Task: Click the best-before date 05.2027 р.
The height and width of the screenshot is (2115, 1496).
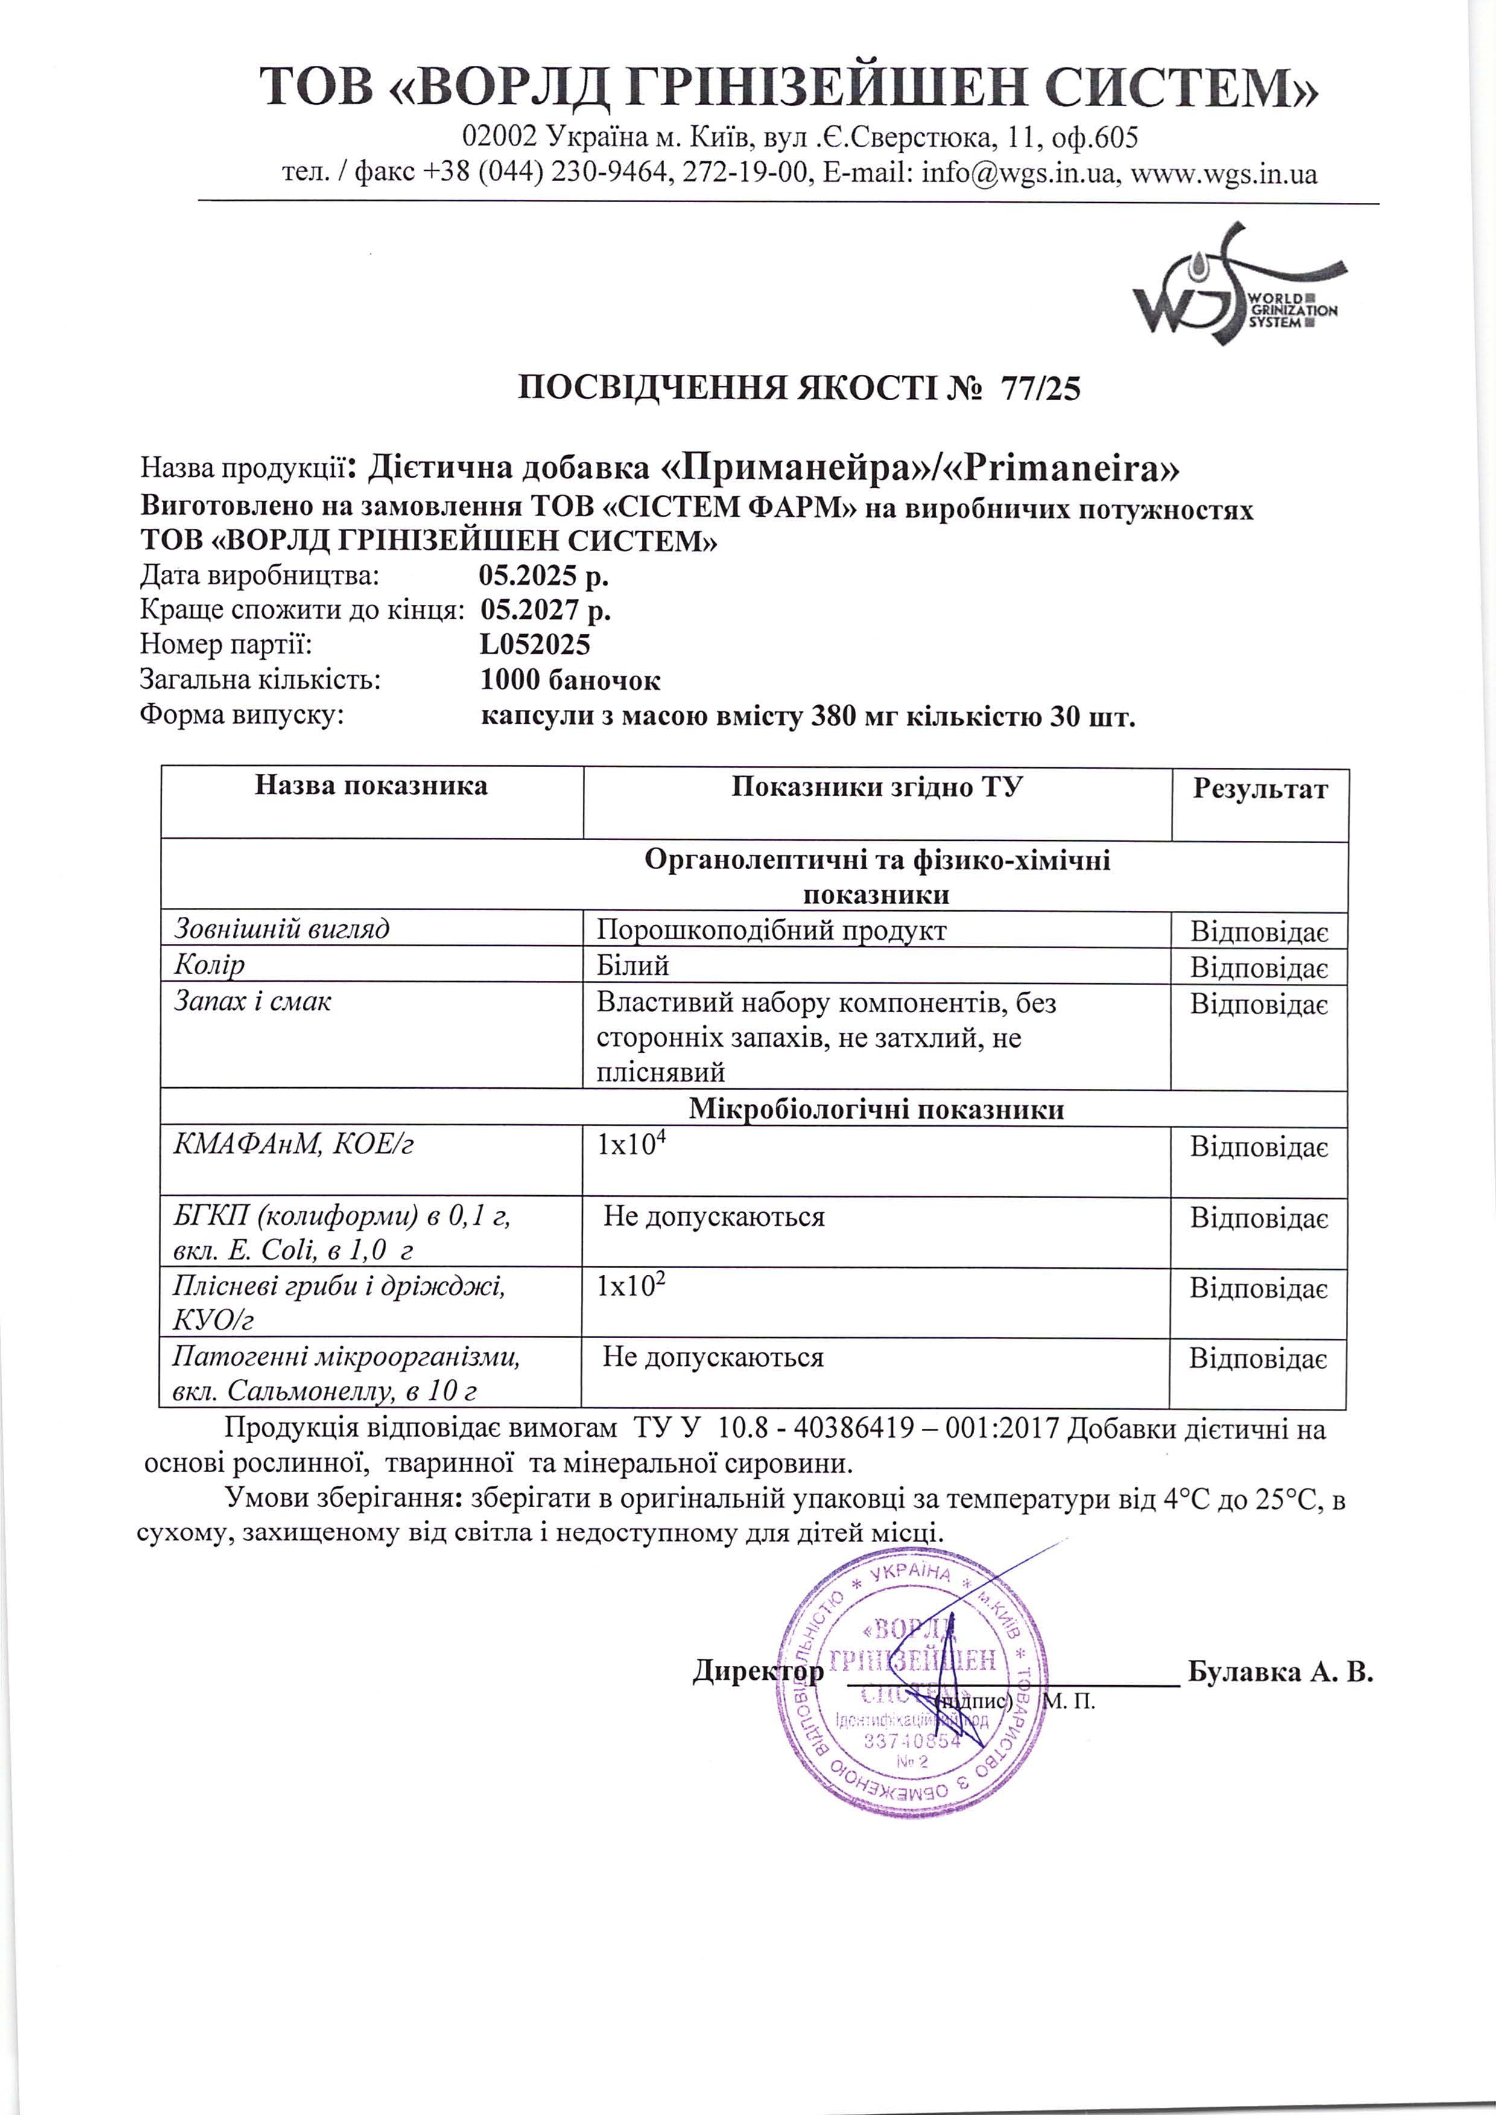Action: pyautogui.click(x=545, y=610)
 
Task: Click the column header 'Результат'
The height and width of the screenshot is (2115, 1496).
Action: pyautogui.click(x=1260, y=789)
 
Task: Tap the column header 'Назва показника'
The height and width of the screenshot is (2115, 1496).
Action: pyautogui.click(x=371, y=785)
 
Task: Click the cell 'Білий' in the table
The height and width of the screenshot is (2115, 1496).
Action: pyautogui.click(x=632, y=965)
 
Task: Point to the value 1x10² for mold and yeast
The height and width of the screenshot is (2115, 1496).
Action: pyautogui.click(x=631, y=1286)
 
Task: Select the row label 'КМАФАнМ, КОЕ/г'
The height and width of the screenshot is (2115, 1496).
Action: pyautogui.click(x=293, y=1144)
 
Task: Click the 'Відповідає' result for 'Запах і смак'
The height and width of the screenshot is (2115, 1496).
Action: pyautogui.click(x=1258, y=1004)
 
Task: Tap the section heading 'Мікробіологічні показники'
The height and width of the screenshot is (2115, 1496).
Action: pyautogui.click(x=875, y=1109)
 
